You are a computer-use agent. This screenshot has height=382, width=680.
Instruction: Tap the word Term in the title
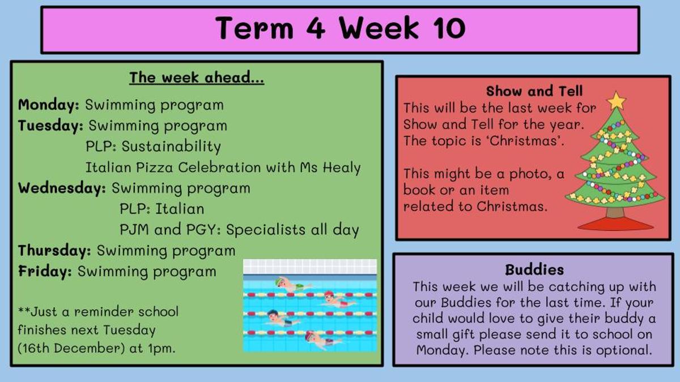[254, 28]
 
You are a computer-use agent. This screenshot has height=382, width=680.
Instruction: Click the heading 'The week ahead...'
[197, 78]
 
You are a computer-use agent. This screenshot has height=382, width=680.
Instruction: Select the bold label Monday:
[49, 105]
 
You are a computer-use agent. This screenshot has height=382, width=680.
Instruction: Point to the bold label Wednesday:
[62, 188]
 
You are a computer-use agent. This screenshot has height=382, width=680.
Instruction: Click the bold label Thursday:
[54, 251]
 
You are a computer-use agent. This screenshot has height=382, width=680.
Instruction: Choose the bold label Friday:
[45, 271]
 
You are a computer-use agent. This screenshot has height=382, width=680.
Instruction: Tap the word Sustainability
[171, 147]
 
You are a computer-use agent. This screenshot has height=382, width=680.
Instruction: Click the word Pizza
[154, 168]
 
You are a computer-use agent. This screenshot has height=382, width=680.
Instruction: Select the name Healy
[342, 168]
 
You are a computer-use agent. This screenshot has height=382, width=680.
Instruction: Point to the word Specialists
[266, 230]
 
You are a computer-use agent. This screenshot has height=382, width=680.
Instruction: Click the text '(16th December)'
[71, 349]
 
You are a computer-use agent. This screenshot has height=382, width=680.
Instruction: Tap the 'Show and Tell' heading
[534, 91]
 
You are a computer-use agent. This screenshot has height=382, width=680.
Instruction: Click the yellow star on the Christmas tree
[616, 101]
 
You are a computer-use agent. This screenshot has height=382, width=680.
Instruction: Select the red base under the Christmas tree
[615, 224]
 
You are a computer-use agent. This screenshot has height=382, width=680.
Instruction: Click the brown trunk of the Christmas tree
[615, 212]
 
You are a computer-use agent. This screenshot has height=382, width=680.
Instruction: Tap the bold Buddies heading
[534, 270]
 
